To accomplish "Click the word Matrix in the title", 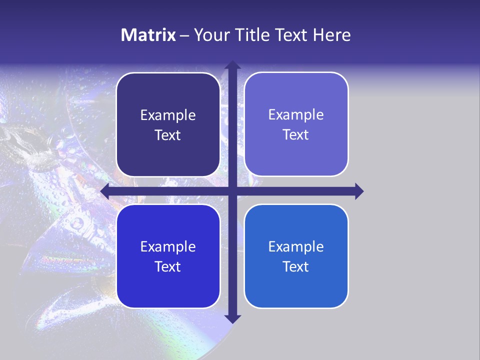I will click(148, 35).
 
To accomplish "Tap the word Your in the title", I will click(211, 35).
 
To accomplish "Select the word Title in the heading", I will click(249, 35).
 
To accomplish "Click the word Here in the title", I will click(332, 35).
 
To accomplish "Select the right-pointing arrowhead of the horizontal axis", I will click(358, 191).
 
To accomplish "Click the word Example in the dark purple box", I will click(168, 115).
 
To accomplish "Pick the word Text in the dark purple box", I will click(168, 135).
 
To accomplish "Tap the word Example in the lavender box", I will click(296, 115).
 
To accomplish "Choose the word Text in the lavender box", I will click(296, 135).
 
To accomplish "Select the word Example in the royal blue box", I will click(168, 247).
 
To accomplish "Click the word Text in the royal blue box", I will click(168, 267).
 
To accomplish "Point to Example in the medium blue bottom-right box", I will click(296, 247).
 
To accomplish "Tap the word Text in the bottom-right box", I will click(296, 267).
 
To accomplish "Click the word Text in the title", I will click(290, 35).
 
